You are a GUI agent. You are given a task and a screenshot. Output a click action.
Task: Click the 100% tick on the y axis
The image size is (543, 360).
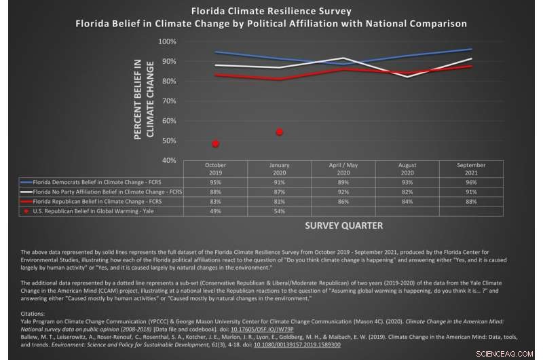(x=167, y=41)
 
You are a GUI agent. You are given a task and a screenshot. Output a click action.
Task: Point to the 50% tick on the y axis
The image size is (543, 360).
(x=168, y=141)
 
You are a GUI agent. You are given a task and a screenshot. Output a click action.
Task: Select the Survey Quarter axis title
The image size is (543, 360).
(x=343, y=226)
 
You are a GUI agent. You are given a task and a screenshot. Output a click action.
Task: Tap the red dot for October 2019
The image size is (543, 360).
(x=215, y=143)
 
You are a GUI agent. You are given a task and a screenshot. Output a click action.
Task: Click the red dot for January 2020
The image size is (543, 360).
(x=279, y=132)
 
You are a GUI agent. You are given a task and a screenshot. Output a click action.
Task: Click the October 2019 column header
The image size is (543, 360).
(x=215, y=169)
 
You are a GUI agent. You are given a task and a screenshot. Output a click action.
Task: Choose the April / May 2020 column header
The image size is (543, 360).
(x=343, y=169)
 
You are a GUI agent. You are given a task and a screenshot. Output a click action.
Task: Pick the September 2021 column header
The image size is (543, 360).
(x=471, y=169)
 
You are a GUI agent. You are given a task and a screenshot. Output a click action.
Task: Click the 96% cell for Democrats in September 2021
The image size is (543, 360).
(x=471, y=182)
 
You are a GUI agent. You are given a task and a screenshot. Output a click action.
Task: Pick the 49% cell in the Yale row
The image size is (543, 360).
(x=215, y=211)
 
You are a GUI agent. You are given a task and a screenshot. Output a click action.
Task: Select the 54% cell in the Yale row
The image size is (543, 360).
(x=279, y=211)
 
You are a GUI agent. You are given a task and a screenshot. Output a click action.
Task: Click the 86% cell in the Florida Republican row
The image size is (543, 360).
(x=343, y=201)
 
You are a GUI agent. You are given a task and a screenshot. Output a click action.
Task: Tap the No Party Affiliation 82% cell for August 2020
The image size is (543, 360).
(x=407, y=192)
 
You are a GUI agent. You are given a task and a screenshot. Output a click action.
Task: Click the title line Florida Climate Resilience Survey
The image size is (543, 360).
(x=271, y=11)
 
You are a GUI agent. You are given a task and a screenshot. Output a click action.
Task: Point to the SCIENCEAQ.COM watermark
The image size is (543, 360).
(x=512, y=353)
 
